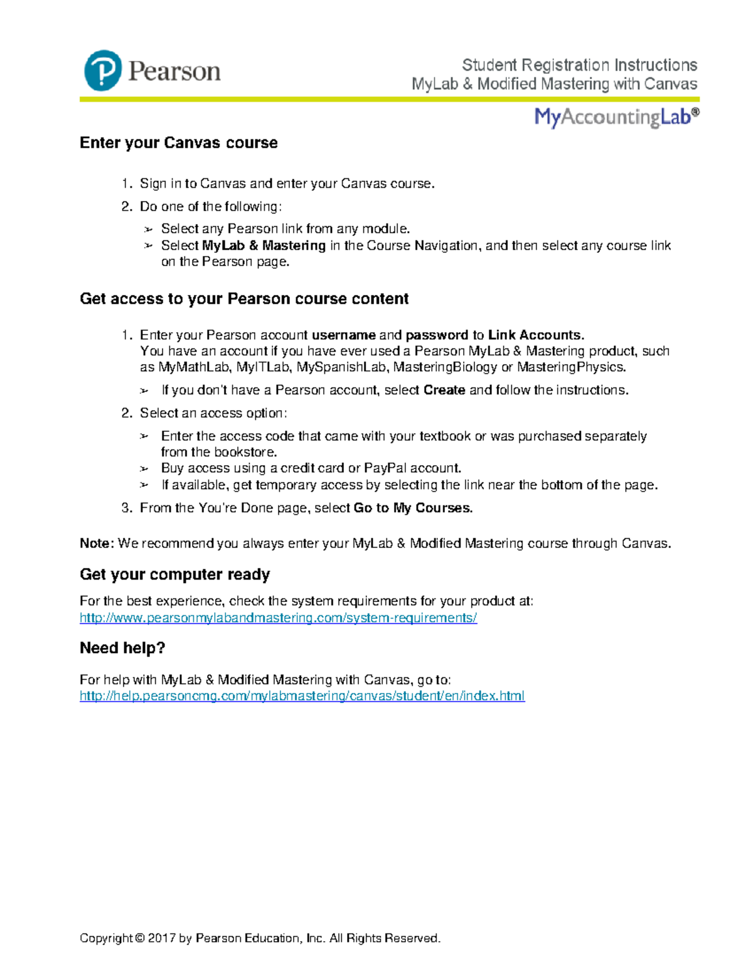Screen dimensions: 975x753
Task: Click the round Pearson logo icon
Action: click(x=103, y=71)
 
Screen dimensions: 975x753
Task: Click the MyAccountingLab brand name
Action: click(x=616, y=117)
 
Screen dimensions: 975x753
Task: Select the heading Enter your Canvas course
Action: click(x=179, y=143)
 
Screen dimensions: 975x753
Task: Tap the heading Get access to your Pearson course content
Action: click(x=244, y=299)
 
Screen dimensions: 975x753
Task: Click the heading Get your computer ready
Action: click(x=175, y=574)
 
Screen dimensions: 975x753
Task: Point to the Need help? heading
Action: click(x=122, y=648)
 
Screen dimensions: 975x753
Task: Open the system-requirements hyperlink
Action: click(x=278, y=618)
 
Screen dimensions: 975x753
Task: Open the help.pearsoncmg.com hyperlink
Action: click(x=302, y=696)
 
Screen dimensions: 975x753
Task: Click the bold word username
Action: click(x=343, y=335)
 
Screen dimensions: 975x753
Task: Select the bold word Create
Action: click(x=444, y=390)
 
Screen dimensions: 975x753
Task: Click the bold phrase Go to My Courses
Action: click(x=413, y=508)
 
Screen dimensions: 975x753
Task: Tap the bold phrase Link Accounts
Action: click(x=536, y=335)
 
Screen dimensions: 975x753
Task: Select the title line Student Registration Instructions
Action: click(x=579, y=65)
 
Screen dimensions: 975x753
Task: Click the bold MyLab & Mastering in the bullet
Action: click(x=264, y=245)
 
